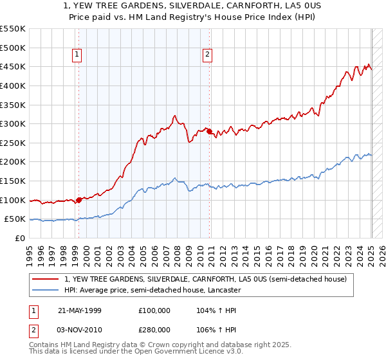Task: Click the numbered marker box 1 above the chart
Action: pos(77,55)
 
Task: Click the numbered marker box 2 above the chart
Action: pos(208,55)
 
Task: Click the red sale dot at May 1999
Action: pos(78,200)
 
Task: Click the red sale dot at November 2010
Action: pos(209,131)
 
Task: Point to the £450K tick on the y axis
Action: pos(14,67)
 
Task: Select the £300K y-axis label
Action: pos(14,123)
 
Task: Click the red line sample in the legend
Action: pos(46,279)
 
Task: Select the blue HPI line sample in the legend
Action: pos(46,291)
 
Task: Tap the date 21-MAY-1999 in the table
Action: pos(79,310)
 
